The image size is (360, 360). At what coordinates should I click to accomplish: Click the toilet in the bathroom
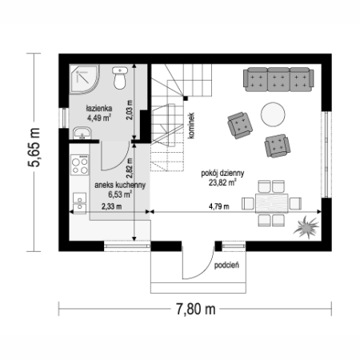click(x=119, y=78)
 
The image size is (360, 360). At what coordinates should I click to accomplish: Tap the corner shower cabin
click(x=83, y=79)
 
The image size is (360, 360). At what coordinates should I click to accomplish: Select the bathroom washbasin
click(x=82, y=133)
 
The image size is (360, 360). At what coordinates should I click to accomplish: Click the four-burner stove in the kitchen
click(x=80, y=165)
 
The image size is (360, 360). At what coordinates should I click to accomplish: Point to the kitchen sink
click(x=79, y=203)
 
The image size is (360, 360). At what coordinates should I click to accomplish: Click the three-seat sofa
click(x=278, y=79)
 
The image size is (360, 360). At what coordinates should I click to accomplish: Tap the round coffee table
click(x=273, y=114)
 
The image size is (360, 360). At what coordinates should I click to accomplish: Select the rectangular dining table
click(x=272, y=203)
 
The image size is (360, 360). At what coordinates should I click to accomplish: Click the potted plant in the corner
click(x=306, y=227)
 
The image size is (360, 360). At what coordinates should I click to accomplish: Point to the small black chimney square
click(x=186, y=98)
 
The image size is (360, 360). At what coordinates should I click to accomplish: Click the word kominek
click(x=191, y=126)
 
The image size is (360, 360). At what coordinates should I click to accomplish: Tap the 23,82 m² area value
click(x=222, y=182)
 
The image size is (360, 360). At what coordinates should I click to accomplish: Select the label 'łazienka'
click(x=99, y=108)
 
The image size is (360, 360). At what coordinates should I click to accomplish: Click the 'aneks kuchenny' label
click(x=120, y=185)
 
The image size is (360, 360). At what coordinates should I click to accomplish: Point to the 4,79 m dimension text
click(x=219, y=206)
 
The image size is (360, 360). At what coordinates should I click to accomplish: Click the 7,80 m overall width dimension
click(x=196, y=309)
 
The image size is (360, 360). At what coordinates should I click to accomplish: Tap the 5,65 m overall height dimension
click(x=34, y=147)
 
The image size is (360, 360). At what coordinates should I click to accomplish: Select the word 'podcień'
click(x=226, y=265)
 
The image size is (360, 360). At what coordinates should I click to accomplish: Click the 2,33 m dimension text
click(x=111, y=206)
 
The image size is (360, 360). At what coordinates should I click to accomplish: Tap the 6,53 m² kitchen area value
click(x=120, y=194)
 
